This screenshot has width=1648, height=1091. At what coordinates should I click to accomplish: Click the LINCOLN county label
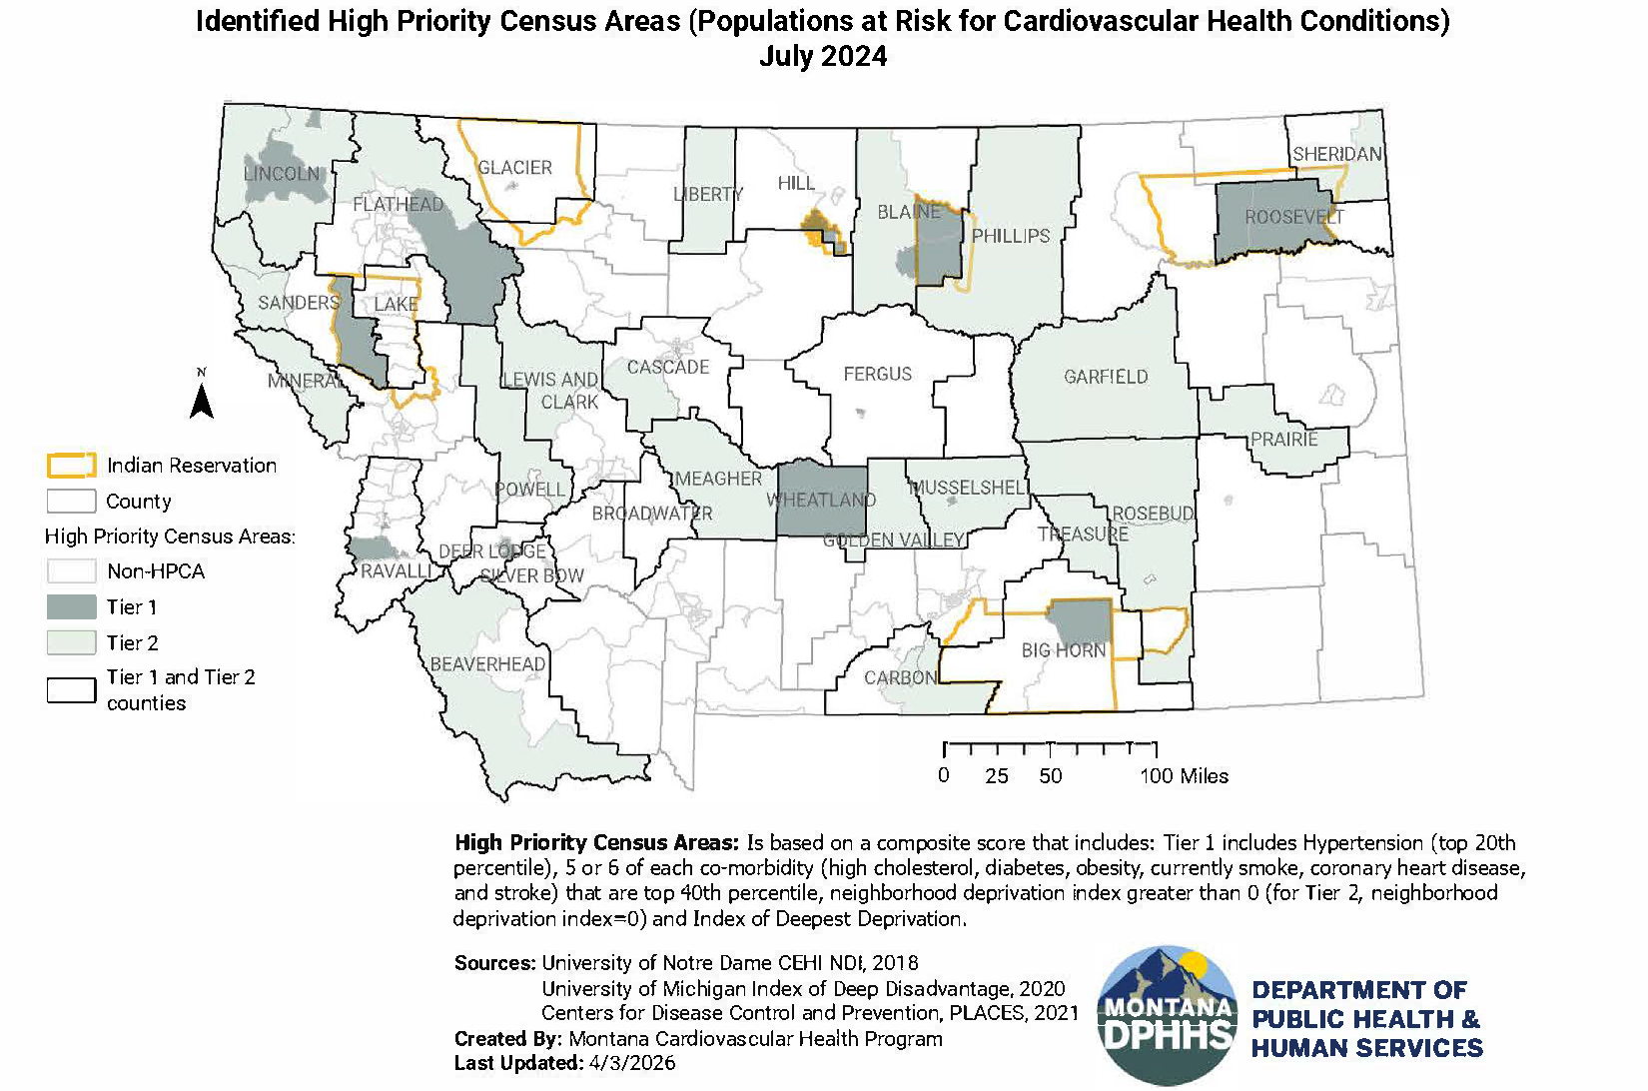[282, 174]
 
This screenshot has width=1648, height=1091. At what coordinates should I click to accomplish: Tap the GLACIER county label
[514, 168]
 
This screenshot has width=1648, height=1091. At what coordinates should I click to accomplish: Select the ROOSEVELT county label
[1294, 217]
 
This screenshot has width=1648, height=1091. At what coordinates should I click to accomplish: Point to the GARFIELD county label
[1106, 377]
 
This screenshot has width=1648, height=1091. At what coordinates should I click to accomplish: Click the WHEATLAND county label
[820, 500]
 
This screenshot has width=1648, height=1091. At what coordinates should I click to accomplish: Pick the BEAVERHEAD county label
[487, 664]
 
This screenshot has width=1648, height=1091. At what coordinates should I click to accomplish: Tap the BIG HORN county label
[1063, 650]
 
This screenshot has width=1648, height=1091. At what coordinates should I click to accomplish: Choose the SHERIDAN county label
[1336, 154]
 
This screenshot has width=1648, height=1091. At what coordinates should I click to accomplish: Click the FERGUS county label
[877, 374]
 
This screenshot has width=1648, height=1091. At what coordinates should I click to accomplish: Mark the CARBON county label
[900, 677]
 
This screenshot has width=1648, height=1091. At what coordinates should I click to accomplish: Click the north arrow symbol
[202, 398]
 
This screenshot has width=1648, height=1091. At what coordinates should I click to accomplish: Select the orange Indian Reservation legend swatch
[71, 466]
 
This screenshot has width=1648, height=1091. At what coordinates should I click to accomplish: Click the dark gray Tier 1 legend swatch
[71, 607]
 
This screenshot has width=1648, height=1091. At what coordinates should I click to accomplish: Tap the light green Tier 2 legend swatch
[71, 643]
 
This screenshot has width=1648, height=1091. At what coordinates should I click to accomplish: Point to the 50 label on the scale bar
[1050, 776]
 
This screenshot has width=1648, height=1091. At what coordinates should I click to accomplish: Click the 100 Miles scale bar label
[1184, 776]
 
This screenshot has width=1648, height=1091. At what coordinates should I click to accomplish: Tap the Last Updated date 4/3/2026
[629, 1063]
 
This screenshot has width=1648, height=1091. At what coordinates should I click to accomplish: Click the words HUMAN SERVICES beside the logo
[1366, 1048]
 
